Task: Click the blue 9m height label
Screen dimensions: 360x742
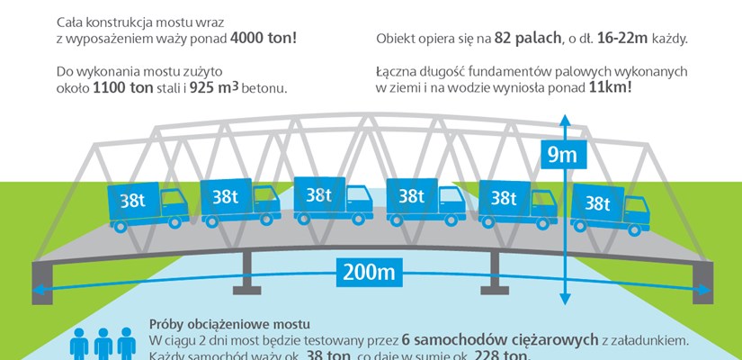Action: click(563, 155)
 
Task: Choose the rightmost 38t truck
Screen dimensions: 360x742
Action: click(612, 205)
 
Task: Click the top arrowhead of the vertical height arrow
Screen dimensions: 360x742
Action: click(564, 120)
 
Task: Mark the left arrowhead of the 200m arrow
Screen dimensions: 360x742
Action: click(39, 290)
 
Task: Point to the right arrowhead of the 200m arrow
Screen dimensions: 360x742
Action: click(703, 290)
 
